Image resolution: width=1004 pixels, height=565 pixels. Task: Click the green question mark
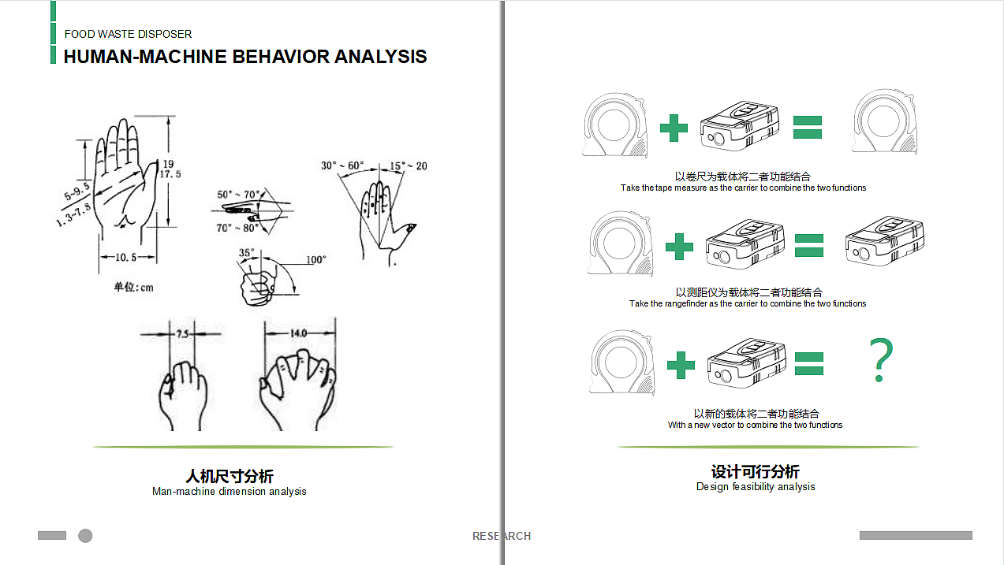pos(883,361)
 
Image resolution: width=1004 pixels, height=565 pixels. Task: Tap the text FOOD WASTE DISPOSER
pos(128,34)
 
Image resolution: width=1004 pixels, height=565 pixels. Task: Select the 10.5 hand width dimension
pos(126,258)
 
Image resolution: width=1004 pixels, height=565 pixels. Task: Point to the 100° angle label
pos(315,259)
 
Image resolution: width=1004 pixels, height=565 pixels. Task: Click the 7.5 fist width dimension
pos(182,333)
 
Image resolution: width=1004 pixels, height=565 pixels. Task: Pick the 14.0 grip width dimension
pos(297,333)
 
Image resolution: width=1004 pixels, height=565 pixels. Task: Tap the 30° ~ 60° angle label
pos(342,165)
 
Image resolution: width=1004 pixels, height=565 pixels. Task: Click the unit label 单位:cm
pos(133,287)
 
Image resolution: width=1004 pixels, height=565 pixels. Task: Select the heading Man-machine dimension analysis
pos(229,492)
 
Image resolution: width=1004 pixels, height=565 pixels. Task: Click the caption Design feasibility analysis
pos(755,487)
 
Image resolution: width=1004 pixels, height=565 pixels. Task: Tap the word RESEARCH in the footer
pos(502,536)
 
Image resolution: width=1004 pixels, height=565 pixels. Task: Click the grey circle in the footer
pos(85,536)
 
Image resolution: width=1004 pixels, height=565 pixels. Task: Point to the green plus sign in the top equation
pos(673,128)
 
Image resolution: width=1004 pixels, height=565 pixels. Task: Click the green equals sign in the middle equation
pos(808,244)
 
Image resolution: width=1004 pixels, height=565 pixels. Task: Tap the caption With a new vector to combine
pos(755,425)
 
